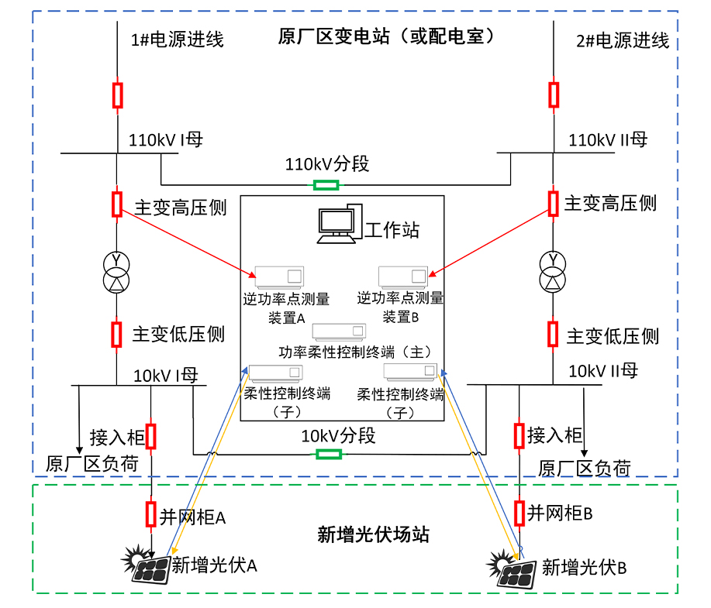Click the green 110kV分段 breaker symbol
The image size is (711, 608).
pos(326,184)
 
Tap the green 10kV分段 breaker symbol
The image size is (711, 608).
pos(325,454)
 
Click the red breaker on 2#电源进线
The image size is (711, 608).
pos(554,94)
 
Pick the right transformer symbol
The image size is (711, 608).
pos(553,270)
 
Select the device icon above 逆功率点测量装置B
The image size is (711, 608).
pos(402,277)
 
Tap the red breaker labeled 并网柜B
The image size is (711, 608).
pos(519,512)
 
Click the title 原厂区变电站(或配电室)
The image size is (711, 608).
pos(385,36)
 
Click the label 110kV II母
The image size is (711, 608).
pos(607,139)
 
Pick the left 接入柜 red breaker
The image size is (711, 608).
pos(151,435)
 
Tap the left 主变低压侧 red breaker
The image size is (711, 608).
pos(116,334)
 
